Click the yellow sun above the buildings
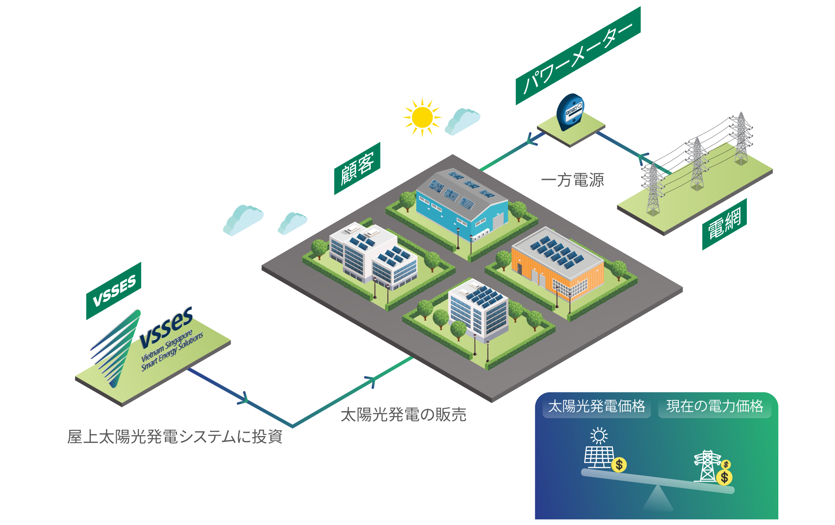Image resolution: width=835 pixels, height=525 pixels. point(422,117)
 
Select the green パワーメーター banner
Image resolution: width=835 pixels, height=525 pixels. point(578,55)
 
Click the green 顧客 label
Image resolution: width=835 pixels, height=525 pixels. point(357,168)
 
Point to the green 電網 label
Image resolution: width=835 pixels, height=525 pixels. point(725,224)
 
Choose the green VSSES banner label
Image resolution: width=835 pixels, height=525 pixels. point(114,291)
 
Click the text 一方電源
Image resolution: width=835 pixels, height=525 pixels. point(572,180)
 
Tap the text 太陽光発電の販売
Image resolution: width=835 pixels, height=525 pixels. point(403,414)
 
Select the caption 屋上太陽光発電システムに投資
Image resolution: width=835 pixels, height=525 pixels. point(175,436)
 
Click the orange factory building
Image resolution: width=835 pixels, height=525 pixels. point(557,264)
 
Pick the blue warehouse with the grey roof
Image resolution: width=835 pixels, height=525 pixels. point(462,200)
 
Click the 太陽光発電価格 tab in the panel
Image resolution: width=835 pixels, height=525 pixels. point(596,406)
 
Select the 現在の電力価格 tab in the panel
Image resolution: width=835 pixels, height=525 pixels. point(715,406)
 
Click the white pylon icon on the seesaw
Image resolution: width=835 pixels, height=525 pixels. point(707,466)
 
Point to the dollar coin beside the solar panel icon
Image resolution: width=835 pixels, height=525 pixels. point(619,465)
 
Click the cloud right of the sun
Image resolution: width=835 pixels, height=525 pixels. point(462,121)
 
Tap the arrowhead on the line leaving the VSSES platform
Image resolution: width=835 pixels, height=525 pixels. point(243,398)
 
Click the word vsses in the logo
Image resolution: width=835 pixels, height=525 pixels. point(166,328)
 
